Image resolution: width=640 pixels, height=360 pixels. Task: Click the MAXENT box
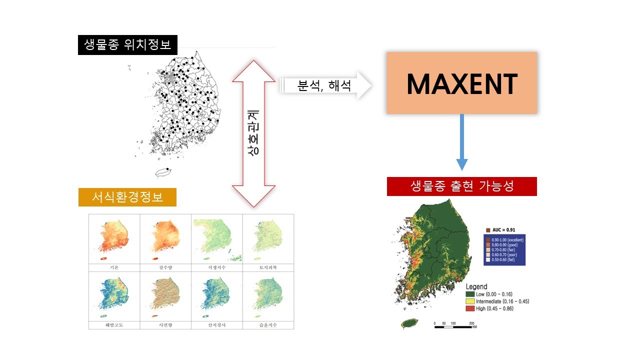point(461,83)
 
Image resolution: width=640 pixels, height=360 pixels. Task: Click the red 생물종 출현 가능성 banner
point(461,186)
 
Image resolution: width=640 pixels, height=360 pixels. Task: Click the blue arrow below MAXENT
point(461,142)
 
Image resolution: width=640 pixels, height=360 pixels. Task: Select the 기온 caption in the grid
point(114,267)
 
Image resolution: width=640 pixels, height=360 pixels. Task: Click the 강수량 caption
point(165,267)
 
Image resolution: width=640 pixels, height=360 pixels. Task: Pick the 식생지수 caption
point(217,267)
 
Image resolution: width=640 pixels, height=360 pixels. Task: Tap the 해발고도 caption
point(114,325)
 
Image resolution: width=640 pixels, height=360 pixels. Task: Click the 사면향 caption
point(165,325)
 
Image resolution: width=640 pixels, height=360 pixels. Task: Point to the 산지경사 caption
point(217,325)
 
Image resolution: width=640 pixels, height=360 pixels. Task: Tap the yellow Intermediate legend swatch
point(469,301)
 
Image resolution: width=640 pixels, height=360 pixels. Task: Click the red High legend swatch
point(469,309)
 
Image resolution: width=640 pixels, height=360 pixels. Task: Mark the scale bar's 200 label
point(471,323)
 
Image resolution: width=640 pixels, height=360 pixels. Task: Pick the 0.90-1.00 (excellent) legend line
point(506,240)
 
